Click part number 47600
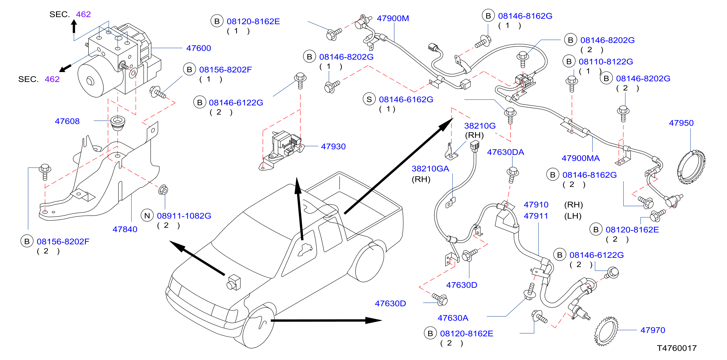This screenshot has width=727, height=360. pos(198,48)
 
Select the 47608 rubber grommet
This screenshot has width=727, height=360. pos(118,123)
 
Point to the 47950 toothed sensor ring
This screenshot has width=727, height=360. pos(691,168)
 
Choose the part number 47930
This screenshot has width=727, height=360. pos(333,147)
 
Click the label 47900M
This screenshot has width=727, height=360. pos(393,18)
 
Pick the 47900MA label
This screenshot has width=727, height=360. pos(580,158)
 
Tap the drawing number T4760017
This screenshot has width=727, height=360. pos(677,348)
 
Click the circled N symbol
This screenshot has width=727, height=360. pos(147,216)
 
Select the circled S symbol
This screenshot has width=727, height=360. pos(369,99)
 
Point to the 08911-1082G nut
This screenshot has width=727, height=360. pos(163,190)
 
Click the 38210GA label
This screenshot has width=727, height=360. pos(430,169)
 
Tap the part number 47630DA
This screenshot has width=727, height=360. pos(506,152)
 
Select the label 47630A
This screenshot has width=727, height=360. pos(453,318)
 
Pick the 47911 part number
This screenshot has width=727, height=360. pos(536,216)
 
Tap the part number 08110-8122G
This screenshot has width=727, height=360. pos(606,62)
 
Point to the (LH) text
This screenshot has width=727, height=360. pos(573,216)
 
